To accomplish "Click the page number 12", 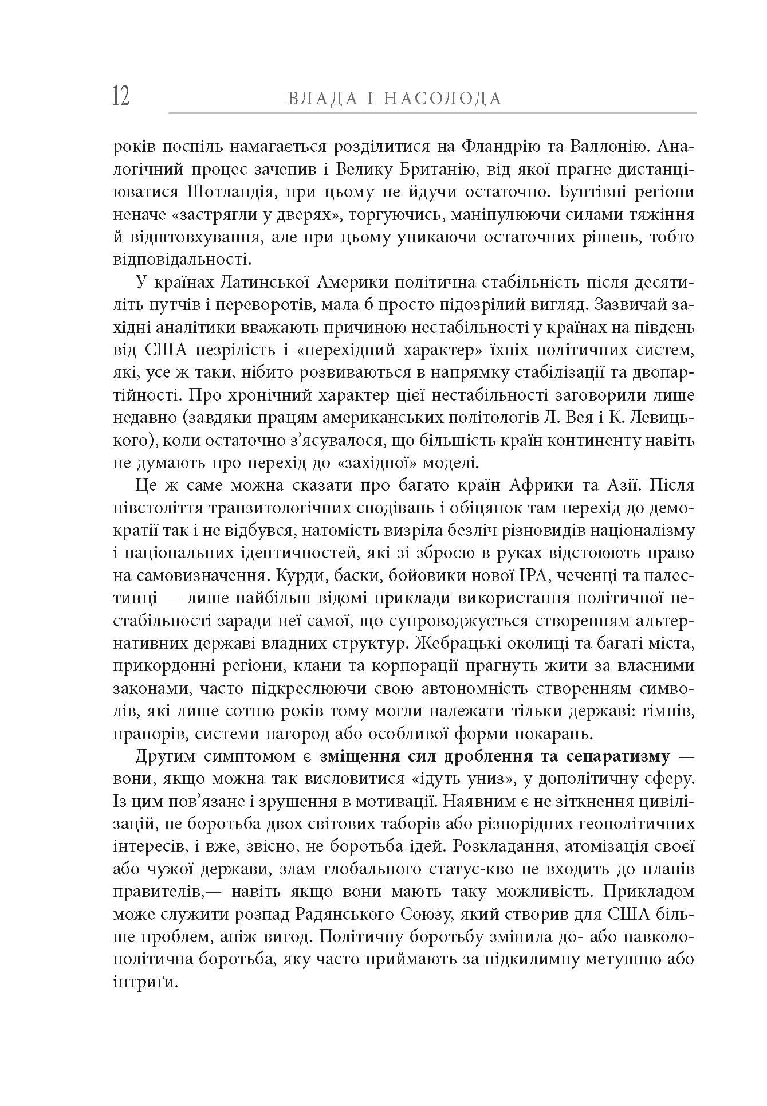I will point(121,96).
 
